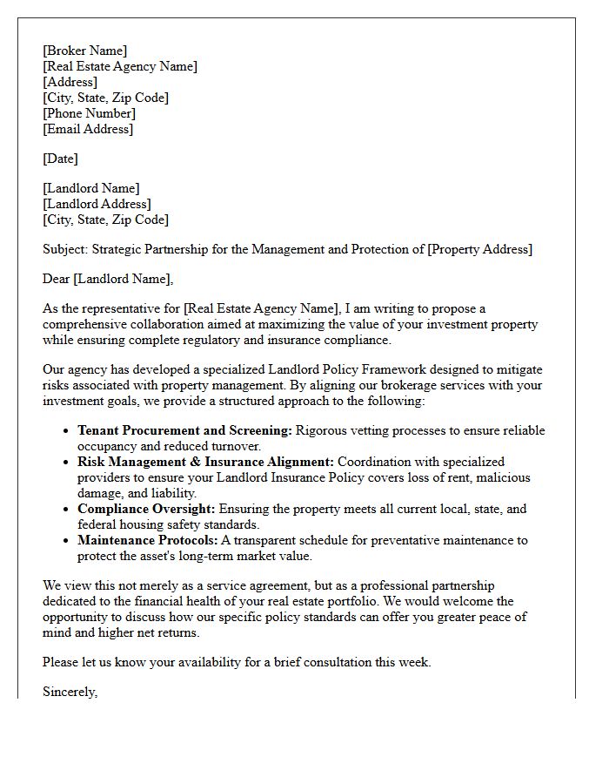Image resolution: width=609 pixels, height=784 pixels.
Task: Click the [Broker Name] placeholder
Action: click(x=84, y=51)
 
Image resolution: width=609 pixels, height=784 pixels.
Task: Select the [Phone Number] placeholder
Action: click(x=89, y=113)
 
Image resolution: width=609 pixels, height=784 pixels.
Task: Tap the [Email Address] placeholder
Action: click(x=88, y=129)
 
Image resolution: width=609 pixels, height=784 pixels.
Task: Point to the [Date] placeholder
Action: click(x=60, y=159)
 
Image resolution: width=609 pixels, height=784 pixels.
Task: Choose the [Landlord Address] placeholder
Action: click(x=97, y=204)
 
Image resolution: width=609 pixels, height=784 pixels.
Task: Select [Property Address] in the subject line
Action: click(x=478, y=249)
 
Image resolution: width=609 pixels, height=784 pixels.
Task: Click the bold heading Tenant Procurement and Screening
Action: click(x=184, y=430)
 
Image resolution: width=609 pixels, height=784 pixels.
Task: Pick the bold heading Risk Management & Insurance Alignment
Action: click(x=205, y=462)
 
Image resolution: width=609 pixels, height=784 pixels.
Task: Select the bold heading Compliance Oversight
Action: click(x=146, y=509)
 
